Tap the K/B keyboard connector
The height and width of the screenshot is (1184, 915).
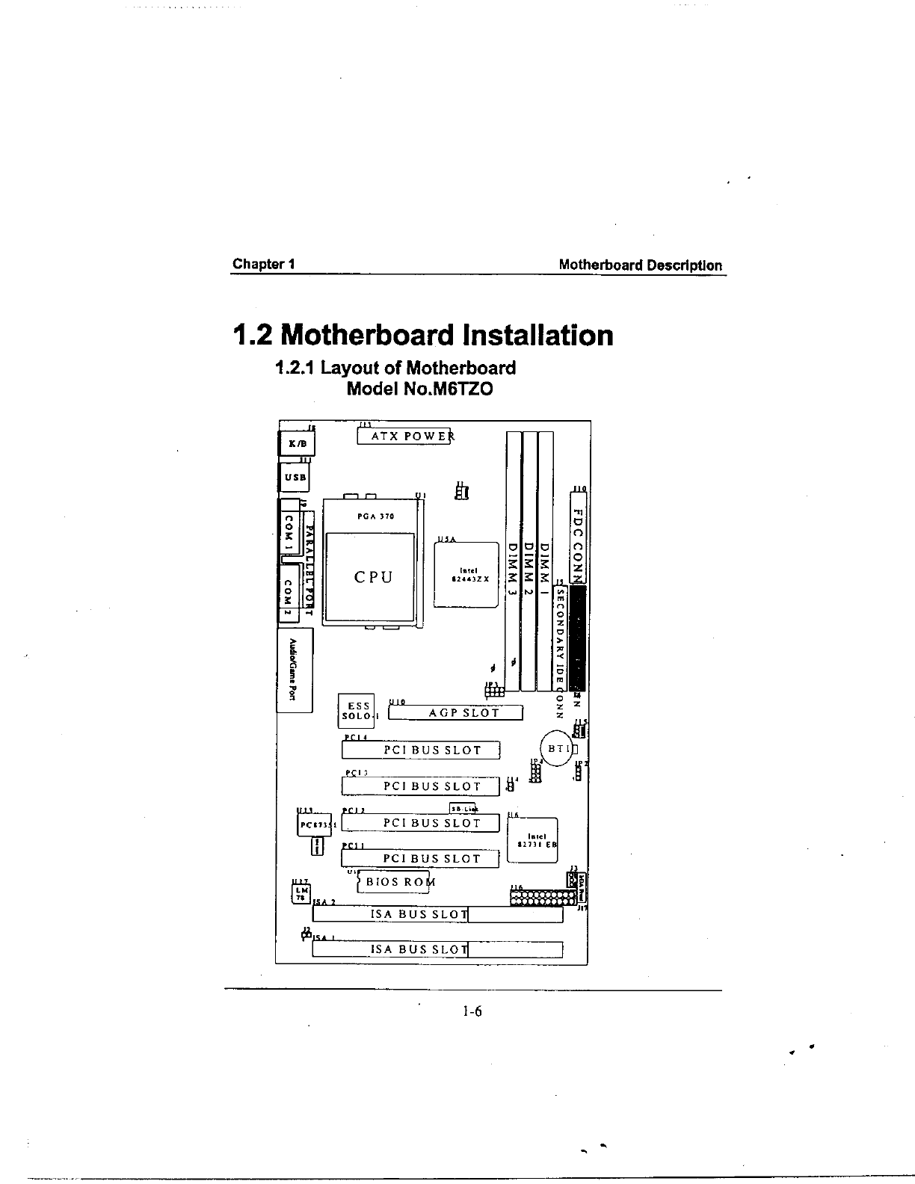(x=297, y=444)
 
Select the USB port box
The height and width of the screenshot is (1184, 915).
(x=294, y=476)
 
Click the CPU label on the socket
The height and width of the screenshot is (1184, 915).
(x=372, y=578)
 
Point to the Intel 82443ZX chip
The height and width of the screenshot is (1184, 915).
(x=466, y=574)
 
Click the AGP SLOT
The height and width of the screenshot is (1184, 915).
(x=455, y=712)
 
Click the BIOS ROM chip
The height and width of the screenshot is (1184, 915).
(x=394, y=882)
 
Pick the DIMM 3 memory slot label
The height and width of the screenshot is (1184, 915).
(x=513, y=568)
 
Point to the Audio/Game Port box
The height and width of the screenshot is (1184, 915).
(x=295, y=670)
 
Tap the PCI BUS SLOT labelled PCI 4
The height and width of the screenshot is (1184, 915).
(x=421, y=750)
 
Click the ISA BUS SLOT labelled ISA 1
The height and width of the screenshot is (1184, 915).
(x=437, y=950)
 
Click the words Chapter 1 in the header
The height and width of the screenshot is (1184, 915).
(x=263, y=264)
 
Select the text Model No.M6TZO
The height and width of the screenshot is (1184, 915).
(x=420, y=389)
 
